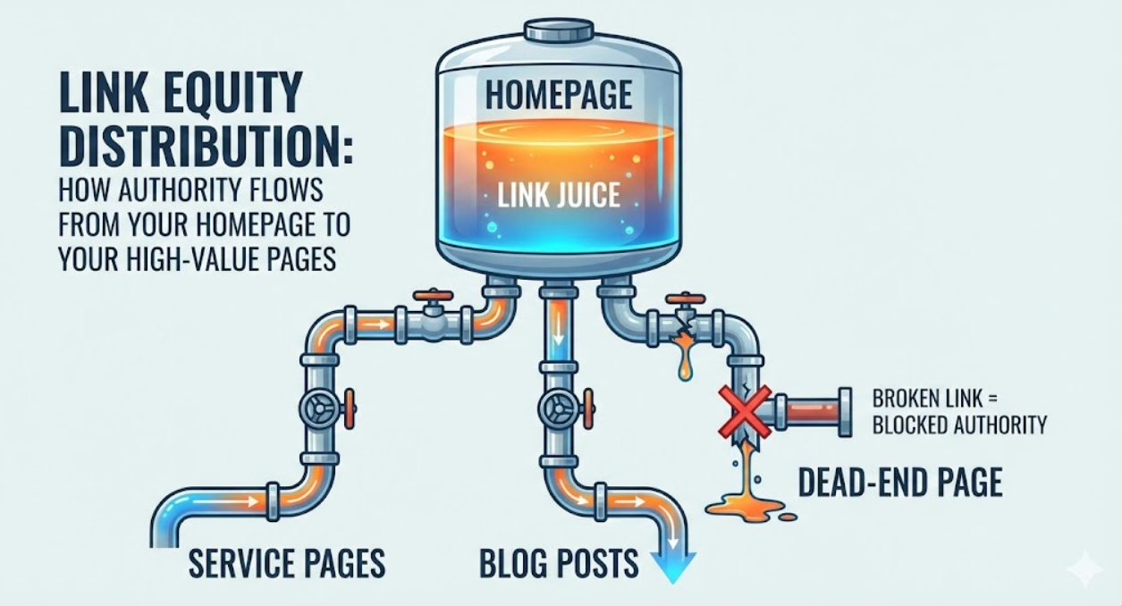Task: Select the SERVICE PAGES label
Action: pyautogui.click(x=287, y=563)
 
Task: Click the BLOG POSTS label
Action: pyautogui.click(x=559, y=563)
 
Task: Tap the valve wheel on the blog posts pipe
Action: pyautogui.click(x=559, y=409)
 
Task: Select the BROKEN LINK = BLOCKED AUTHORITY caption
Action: pyautogui.click(x=958, y=411)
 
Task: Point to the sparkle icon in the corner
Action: pyautogui.click(x=1084, y=568)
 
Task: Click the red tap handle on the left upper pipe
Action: pyautogui.click(x=434, y=296)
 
